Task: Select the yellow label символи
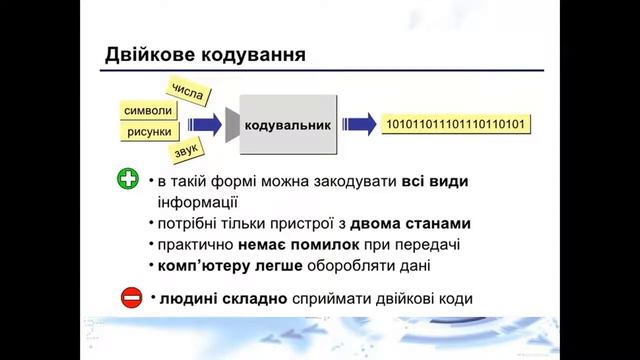[x=146, y=110]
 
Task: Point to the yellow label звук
[x=187, y=151]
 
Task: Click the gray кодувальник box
[x=288, y=124]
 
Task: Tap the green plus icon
[x=128, y=181]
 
